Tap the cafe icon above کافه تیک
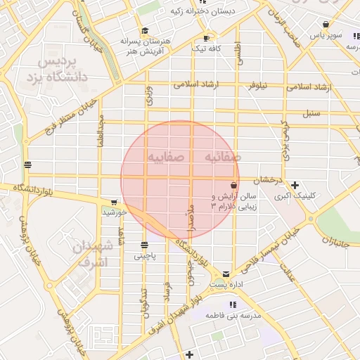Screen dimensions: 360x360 (x=206, y=37)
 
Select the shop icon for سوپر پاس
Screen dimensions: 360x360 (x=326, y=25)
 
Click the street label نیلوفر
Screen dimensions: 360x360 (x=256, y=86)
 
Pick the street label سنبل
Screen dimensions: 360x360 (x=311, y=112)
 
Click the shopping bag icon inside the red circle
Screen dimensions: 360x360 (x=233, y=185)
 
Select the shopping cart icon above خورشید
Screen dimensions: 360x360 (x=114, y=202)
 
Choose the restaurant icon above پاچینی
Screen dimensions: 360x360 (x=144, y=245)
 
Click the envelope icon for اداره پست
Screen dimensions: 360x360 (x=226, y=273)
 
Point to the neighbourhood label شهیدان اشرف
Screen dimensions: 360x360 (x=93, y=254)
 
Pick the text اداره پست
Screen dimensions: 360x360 (x=225, y=285)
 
